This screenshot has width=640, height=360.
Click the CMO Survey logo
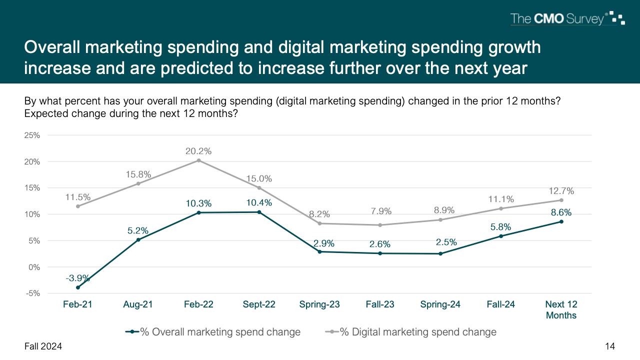(567, 19)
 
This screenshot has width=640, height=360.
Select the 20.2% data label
(199, 151)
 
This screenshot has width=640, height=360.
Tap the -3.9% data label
(77, 277)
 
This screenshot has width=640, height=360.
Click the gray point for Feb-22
(198, 160)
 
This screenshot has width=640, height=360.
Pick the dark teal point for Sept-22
(259, 212)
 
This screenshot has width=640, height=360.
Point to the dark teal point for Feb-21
(77, 287)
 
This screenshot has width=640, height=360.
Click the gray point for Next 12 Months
(561, 200)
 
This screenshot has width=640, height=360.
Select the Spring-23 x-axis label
(319, 304)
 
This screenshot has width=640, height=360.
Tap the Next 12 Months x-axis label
(561, 309)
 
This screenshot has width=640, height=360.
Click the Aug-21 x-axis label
(138, 304)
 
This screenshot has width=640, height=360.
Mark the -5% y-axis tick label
(33, 293)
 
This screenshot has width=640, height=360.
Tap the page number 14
(609, 346)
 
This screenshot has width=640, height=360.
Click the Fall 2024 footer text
(43, 346)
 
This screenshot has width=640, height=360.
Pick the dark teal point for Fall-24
(500, 236)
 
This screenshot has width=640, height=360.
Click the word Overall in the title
(53, 47)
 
